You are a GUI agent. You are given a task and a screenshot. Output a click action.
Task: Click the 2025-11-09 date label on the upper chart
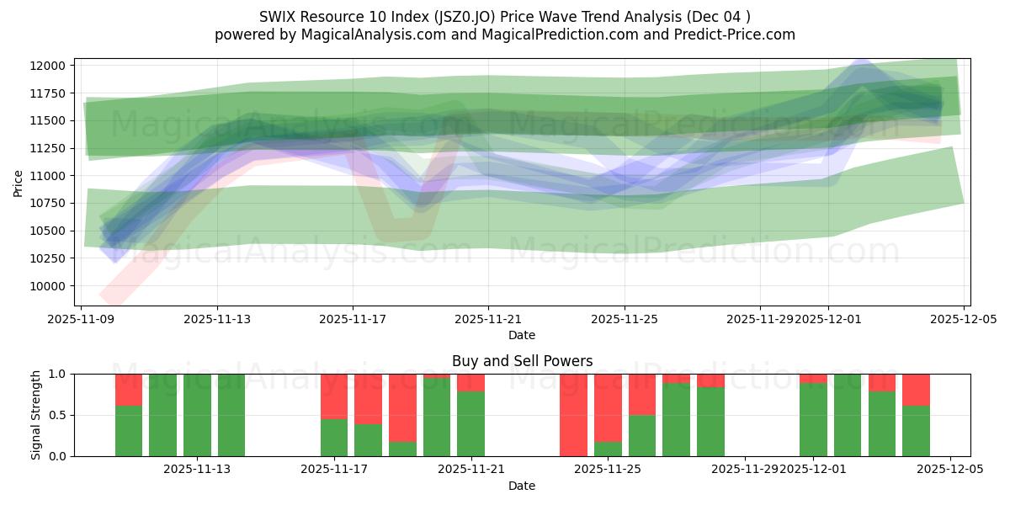click(81, 319)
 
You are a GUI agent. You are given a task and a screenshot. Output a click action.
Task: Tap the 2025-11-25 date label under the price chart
click(624, 319)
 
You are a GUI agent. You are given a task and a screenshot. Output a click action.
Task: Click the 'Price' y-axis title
click(19, 182)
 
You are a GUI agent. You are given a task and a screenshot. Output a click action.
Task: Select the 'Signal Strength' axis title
click(36, 415)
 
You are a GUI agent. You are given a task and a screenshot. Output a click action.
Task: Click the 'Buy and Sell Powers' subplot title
click(522, 361)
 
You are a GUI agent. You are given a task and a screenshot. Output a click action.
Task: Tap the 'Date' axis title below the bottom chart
click(522, 486)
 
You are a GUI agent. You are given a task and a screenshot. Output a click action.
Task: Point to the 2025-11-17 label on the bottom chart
click(334, 470)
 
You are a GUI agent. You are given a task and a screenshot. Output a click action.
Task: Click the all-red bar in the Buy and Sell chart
click(573, 415)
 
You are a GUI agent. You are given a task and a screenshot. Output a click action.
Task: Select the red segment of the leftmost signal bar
click(129, 390)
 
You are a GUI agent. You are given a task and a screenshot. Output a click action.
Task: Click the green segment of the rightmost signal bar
click(916, 431)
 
